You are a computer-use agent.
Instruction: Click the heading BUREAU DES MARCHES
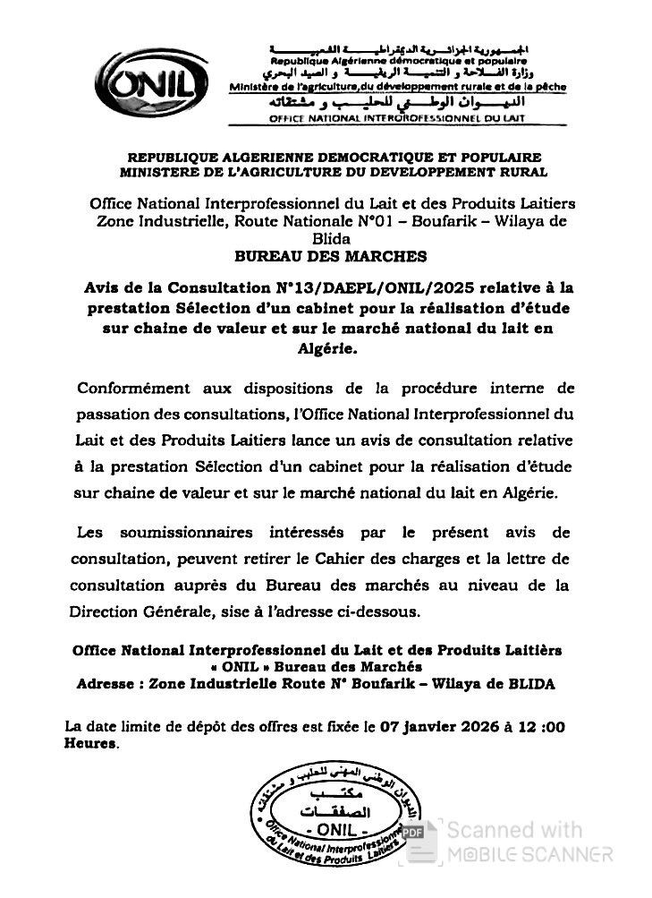point(330,256)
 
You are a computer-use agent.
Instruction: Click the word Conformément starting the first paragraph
point(133,389)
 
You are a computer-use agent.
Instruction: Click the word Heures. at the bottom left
point(91,743)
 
